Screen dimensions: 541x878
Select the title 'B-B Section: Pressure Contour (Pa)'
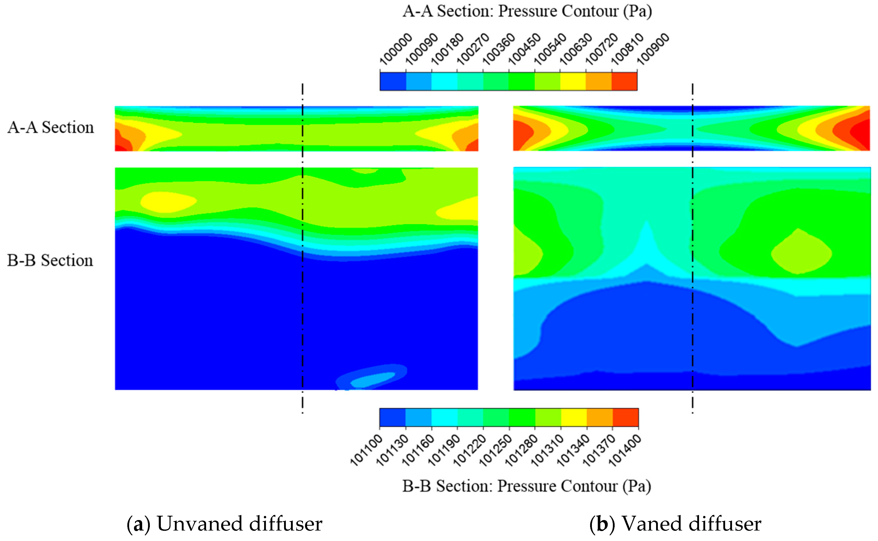pyautogui.click(x=526, y=486)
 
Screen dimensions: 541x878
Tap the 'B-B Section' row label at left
pyautogui.click(x=50, y=260)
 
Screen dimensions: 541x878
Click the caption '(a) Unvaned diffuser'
pyautogui.click(x=224, y=524)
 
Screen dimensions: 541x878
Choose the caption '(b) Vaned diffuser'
pyautogui.click(x=675, y=524)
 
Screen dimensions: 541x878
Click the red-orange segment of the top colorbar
pyautogui.click(x=624, y=81)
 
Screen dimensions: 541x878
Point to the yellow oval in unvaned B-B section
pyautogui.click(x=166, y=202)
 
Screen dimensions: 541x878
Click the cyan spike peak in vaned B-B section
pyautogui.click(x=647, y=229)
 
